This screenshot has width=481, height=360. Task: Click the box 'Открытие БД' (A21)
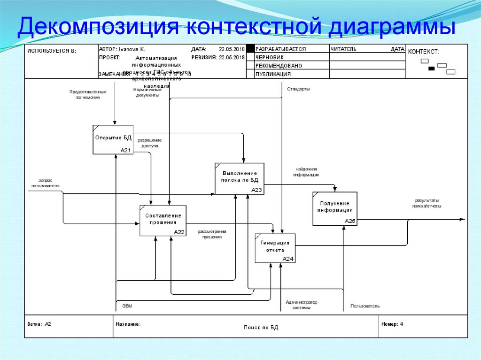(113, 139)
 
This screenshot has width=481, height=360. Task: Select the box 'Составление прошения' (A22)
(163, 220)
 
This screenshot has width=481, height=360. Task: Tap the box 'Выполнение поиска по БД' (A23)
(240, 178)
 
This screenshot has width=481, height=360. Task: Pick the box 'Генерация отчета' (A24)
(275, 247)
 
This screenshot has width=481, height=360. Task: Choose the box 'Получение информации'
(335, 208)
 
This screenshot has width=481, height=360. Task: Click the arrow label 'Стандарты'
(298, 89)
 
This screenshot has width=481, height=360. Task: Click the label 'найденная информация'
(306, 172)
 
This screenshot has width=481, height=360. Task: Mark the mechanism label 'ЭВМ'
(127, 306)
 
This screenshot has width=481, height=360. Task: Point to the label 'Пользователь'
(365, 306)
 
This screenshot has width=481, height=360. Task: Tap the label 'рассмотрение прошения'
(212, 234)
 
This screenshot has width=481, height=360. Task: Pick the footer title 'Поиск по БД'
(261, 328)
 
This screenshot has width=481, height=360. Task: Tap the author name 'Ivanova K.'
(132, 49)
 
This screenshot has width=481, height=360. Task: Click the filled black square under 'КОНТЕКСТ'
(431, 69)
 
